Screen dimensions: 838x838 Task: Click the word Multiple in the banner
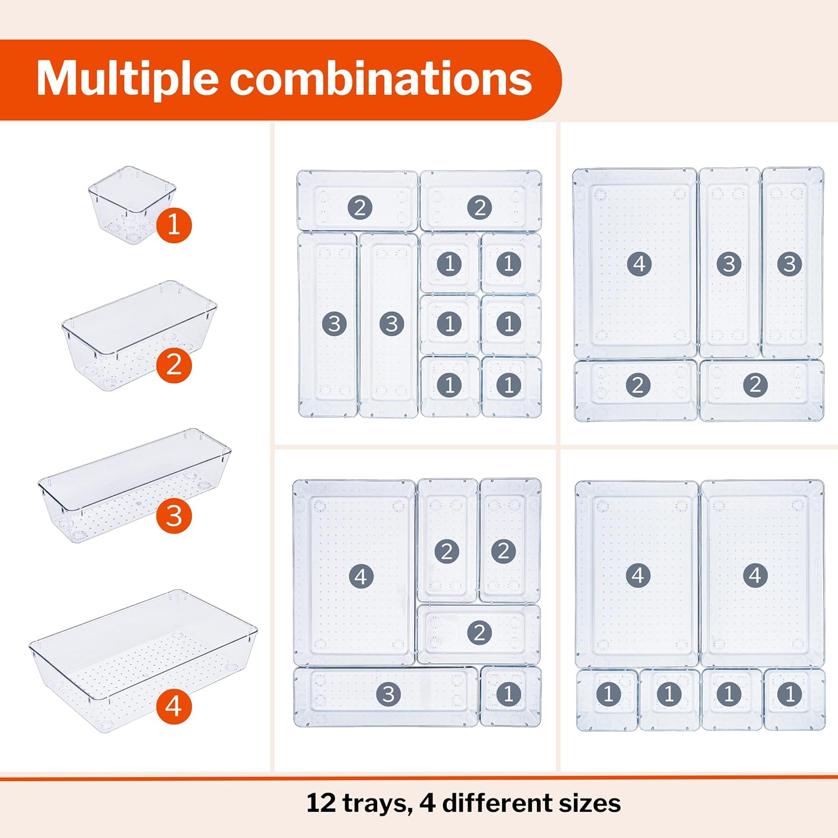[127, 79]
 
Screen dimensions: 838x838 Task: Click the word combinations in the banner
[380, 79]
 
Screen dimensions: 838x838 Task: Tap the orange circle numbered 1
[174, 225]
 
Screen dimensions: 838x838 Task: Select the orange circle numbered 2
[174, 365]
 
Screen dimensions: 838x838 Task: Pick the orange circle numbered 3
[174, 516]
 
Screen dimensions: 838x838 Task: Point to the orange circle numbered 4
[174, 707]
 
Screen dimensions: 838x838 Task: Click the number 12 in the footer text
[321, 803]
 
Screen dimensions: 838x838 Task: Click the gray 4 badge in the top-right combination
[639, 264]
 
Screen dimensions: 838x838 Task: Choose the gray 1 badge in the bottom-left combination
[508, 694]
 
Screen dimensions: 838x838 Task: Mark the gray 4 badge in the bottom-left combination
[361, 576]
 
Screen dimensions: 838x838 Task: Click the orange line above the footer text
[419, 778]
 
